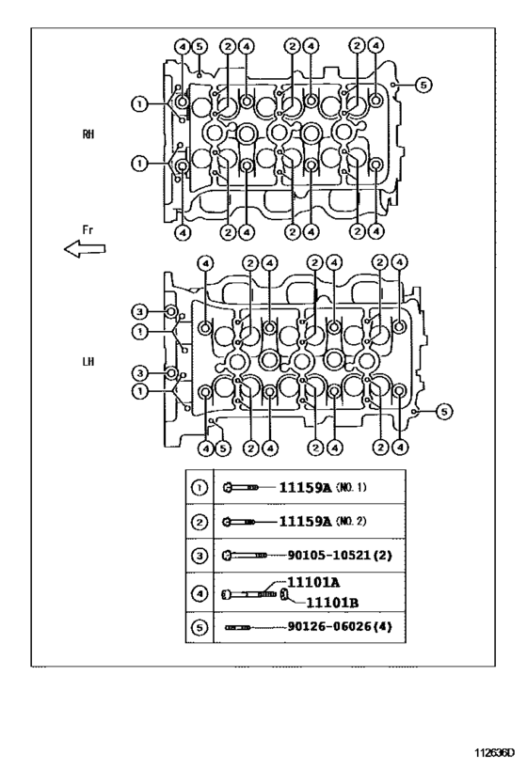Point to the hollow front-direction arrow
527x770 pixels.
coord(84,248)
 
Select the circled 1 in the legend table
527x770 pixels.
coord(200,487)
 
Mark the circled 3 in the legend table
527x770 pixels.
coord(200,555)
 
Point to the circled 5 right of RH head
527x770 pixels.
coord(423,85)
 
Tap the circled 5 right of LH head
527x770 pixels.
coord(444,410)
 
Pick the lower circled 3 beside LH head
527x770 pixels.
coord(137,372)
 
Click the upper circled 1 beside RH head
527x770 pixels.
coord(137,103)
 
